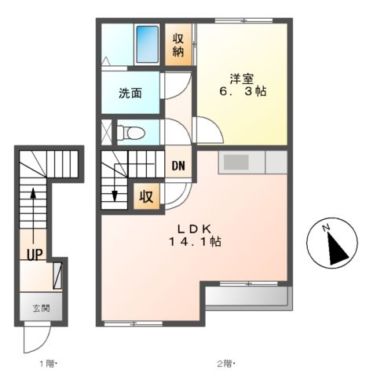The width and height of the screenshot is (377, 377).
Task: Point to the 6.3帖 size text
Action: click(x=242, y=92)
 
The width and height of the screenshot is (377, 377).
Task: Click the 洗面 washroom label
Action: click(x=130, y=93)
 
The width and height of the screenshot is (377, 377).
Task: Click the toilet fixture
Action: click(x=132, y=131)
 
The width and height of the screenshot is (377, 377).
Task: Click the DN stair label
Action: click(x=178, y=165)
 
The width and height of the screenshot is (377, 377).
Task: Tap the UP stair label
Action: click(x=34, y=254)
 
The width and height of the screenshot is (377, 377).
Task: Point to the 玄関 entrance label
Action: click(x=40, y=307)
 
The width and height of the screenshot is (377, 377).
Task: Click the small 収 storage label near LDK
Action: click(x=146, y=196)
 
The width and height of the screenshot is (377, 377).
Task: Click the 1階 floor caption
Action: click(x=47, y=363)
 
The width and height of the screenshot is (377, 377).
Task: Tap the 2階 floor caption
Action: click(x=225, y=363)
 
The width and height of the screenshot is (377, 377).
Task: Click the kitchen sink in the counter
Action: click(x=236, y=163)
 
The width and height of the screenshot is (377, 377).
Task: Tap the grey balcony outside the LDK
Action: click(x=250, y=297)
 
